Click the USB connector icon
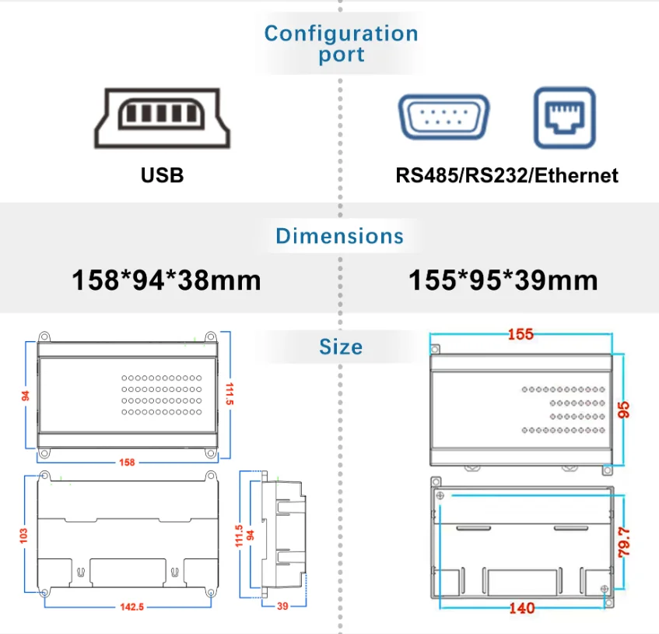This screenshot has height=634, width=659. point(163,118)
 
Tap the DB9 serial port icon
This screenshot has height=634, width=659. point(443,117)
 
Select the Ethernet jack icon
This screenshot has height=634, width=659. point(564,118)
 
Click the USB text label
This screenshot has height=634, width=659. point(163,175)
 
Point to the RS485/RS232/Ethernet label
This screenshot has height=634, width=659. point(507,175)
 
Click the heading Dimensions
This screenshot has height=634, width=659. point(339,236)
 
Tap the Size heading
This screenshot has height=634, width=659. point(341,347)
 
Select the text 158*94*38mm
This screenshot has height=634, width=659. point(167,280)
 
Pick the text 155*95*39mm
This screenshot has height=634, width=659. point(503,280)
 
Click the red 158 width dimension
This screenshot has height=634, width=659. point(127,463)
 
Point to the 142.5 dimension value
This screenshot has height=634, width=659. point(132,607)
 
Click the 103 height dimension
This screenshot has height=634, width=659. point(23,536)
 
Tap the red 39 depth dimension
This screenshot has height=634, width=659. point(282,606)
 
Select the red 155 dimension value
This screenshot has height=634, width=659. point(521,334)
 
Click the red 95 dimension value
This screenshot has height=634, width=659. point(623,410)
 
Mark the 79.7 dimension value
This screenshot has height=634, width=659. point(624,542)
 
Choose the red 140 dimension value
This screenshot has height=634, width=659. point(521,608)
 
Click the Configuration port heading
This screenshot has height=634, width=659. point(341,44)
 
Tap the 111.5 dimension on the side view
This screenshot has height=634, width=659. point(239,536)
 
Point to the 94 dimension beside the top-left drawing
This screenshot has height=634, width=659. point(26,396)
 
